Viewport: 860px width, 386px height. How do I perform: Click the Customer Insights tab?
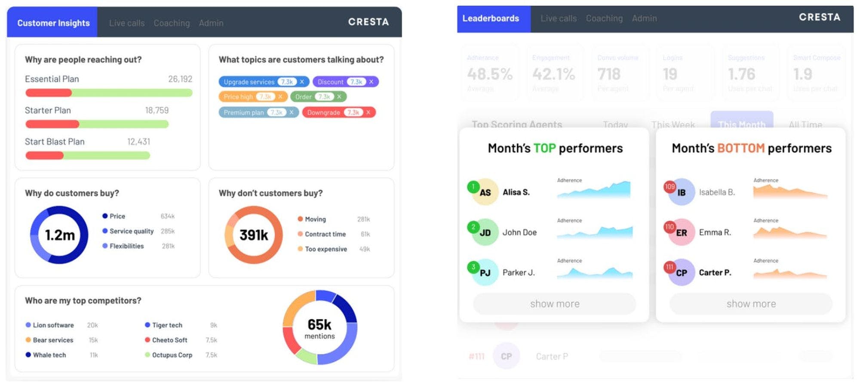(x=53, y=23)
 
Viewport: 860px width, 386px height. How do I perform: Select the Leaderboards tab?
(x=491, y=19)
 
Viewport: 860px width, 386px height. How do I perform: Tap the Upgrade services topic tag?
(x=249, y=82)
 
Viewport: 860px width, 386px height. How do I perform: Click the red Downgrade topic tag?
(x=323, y=112)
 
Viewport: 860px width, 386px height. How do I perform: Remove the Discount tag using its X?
(x=371, y=81)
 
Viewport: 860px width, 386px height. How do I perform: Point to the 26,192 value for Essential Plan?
(x=180, y=79)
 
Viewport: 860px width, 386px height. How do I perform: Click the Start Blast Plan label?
(x=55, y=142)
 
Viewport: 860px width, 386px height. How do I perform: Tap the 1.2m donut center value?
(x=60, y=235)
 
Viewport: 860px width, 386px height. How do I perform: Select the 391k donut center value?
(x=254, y=235)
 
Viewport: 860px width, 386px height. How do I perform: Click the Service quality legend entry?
(x=131, y=231)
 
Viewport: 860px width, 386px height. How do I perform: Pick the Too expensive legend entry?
(x=326, y=249)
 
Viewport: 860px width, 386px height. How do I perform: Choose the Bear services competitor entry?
(x=53, y=340)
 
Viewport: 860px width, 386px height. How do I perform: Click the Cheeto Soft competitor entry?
(x=169, y=340)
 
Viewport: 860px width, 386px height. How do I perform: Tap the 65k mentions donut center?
(x=319, y=328)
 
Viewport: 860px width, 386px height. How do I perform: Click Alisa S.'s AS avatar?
(x=485, y=192)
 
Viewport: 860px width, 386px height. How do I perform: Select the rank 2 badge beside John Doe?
(x=473, y=227)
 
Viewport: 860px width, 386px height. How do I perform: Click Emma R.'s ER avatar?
(x=682, y=233)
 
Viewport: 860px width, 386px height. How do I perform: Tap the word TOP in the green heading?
(x=544, y=148)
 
